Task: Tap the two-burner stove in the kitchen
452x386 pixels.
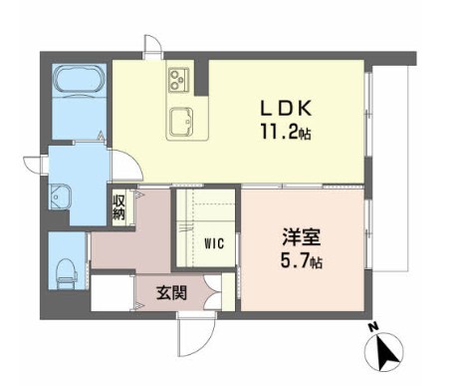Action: point(179,78)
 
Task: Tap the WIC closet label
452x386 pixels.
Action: point(215,242)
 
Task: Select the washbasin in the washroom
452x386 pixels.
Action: point(59,195)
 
